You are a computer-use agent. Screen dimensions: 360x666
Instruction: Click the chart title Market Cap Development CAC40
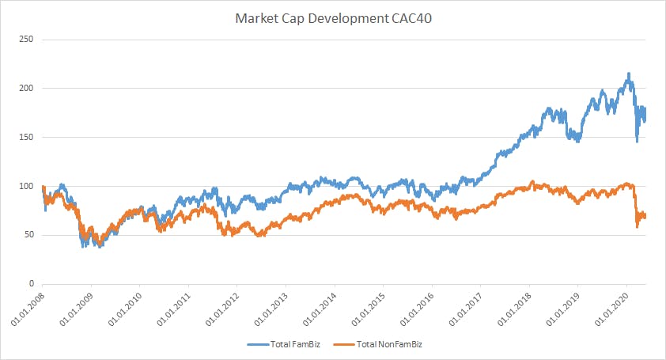pos(333,17)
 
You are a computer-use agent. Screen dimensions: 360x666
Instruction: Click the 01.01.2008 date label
pos(28,309)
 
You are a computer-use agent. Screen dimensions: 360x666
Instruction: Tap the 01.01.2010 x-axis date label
pos(125,309)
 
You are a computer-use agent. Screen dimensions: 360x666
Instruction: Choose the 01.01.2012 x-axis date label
pos(222,309)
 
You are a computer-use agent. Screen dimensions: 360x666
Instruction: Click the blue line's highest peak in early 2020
pos(629,74)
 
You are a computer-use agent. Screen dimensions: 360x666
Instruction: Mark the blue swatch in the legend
pos(255,344)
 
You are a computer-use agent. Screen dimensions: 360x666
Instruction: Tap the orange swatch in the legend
pos(341,344)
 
